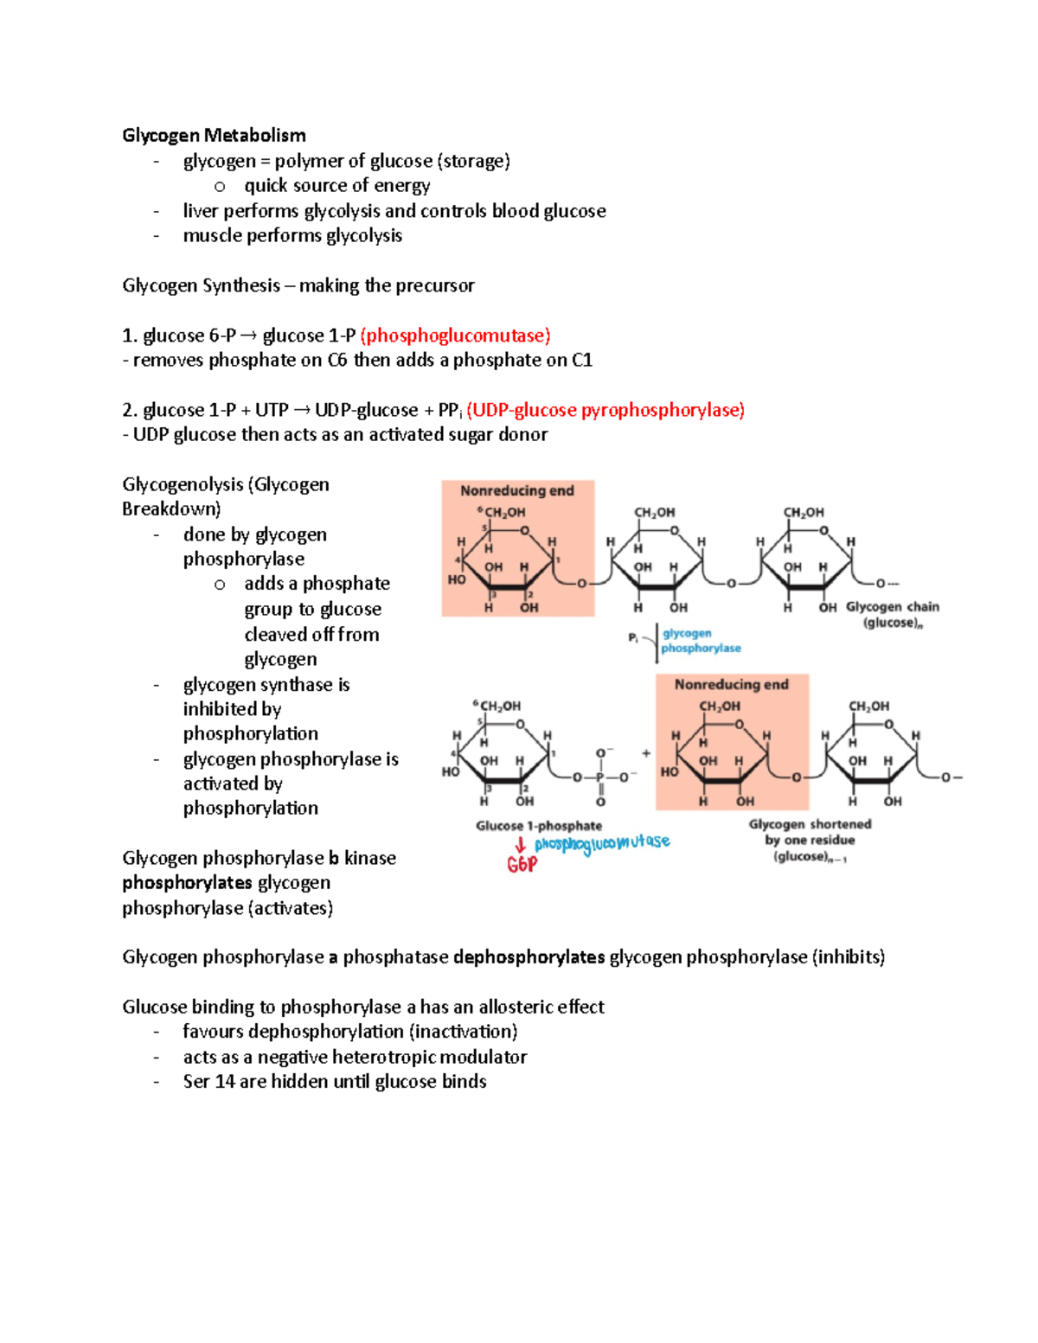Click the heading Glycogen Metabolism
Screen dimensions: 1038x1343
(214, 135)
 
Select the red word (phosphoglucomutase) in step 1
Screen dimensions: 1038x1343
(455, 336)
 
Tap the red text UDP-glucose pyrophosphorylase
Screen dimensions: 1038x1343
(605, 410)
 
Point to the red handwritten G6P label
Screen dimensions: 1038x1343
(522, 865)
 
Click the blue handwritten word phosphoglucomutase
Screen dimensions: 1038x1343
(602, 842)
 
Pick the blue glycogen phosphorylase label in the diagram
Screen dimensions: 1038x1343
(701, 641)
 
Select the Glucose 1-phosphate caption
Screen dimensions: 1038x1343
(539, 826)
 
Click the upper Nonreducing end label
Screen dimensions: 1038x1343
(517, 490)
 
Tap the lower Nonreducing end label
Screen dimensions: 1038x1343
(732, 684)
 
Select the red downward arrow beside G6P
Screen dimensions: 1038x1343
(521, 845)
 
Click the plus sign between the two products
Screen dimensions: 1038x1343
(646, 753)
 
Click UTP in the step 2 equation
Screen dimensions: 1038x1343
(272, 410)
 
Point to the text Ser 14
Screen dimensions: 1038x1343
(208, 1082)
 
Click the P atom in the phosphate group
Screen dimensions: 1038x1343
(599, 777)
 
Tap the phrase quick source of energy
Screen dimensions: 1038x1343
(337, 186)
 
